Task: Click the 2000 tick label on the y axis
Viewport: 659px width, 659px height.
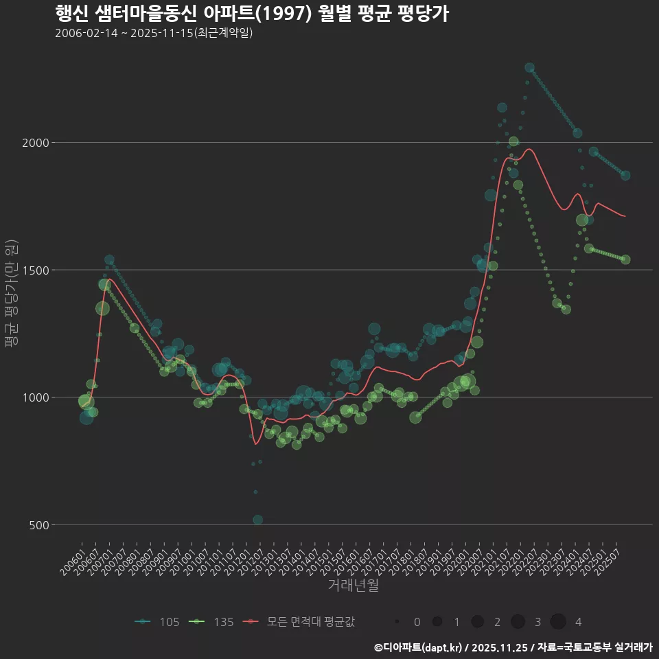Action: coord(36,143)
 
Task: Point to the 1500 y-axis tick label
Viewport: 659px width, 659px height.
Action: coord(36,270)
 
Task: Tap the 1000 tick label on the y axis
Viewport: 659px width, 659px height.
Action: coord(36,397)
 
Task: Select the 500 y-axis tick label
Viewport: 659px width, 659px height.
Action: coord(40,524)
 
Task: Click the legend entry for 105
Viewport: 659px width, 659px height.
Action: coord(158,622)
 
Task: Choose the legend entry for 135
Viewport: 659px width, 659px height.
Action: coord(213,622)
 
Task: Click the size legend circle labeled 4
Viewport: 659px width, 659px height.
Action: coord(558,622)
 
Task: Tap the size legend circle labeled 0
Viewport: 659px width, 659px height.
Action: coord(397,622)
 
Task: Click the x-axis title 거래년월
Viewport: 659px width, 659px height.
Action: coord(353,586)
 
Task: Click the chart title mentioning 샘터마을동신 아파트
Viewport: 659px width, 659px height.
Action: coord(251,14)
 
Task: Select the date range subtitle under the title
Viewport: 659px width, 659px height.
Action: coord(154,33)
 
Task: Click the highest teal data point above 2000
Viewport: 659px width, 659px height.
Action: coord(529,68)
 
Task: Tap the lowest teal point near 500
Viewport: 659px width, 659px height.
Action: coord(257,520)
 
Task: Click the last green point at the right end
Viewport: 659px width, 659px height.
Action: coord(625,259)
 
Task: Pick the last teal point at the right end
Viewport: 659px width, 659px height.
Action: coord(625,176)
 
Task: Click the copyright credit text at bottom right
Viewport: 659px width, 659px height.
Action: coord(513,647)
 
